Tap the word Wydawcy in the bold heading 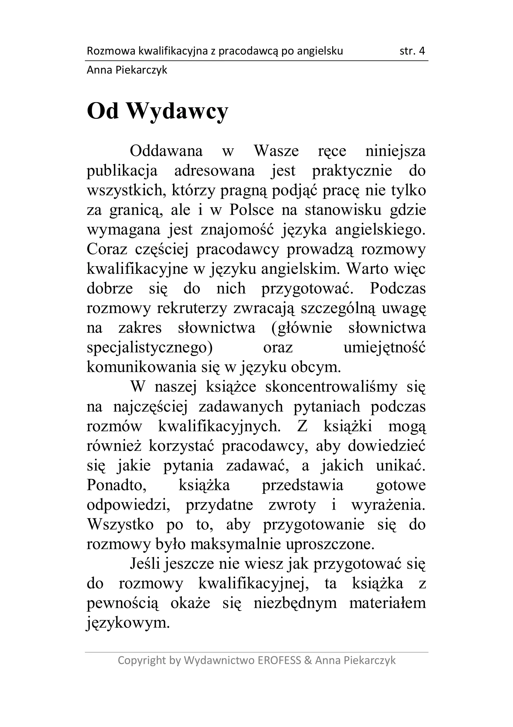pyautogui.click(x=178, y=112)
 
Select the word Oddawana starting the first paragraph pyautogui.click(x=166, y=151)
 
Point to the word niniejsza pyautogui.click(x=395, y=151)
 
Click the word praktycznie pyautogui.click(x=352, y=171)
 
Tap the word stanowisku pyautogui.click(x=343, y=210)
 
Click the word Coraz pyautogui.click(x=107, y=250)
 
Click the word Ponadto pyautogui.click(x=117, y=485)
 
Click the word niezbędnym pyautogui.click(x=295, y=603)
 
